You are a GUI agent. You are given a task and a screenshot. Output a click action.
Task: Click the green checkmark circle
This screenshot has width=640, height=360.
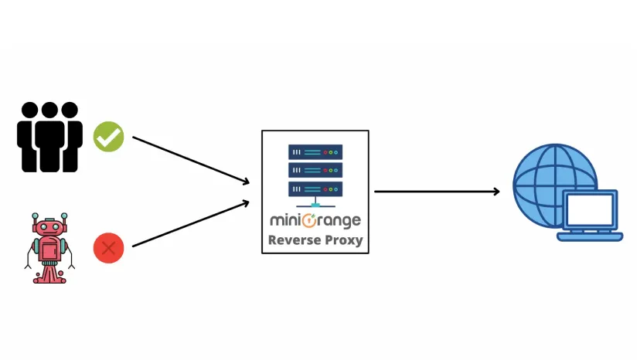109,136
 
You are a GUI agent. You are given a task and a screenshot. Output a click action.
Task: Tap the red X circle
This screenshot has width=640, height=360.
108,249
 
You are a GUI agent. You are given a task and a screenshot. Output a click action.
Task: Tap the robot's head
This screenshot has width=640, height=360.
49,227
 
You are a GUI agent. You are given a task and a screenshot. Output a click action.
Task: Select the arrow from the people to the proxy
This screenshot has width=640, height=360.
191,160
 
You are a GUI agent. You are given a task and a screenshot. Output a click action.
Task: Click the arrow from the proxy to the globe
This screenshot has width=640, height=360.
437,191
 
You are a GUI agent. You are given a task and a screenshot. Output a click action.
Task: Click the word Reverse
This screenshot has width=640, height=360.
291,240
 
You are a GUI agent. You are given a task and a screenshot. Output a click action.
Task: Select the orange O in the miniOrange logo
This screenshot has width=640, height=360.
309,220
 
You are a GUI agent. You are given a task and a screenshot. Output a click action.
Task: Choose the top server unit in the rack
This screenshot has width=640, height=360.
315,151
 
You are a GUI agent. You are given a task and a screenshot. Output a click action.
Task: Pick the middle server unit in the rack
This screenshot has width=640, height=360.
315,169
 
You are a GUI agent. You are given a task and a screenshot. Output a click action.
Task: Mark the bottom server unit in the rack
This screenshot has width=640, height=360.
315,188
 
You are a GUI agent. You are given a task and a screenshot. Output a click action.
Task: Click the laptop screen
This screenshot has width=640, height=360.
591,209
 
